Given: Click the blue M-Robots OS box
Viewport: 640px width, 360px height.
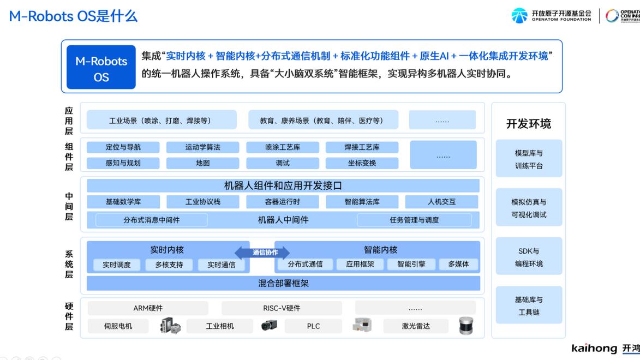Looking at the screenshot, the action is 101,67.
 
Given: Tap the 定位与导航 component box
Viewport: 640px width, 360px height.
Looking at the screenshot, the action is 123,147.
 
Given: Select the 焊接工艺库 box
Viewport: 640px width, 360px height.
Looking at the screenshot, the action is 362,147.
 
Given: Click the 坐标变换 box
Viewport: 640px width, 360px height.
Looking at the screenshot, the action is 362,163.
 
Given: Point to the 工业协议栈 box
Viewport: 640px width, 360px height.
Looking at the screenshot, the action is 202,202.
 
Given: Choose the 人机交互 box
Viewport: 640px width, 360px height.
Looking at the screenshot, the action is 441,202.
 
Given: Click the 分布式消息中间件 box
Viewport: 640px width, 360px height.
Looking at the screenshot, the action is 152,220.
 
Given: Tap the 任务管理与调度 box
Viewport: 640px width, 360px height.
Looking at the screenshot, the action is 414,220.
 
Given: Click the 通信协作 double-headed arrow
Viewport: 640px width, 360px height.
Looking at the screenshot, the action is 262,252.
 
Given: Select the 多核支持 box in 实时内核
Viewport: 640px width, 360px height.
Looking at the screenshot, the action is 169,265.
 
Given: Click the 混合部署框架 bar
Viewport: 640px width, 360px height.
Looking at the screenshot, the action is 283,283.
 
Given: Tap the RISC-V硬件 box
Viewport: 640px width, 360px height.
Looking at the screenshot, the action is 282,308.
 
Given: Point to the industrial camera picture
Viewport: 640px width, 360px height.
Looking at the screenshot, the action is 269,325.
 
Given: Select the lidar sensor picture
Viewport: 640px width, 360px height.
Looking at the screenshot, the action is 466,326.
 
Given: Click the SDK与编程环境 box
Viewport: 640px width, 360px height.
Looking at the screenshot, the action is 529,257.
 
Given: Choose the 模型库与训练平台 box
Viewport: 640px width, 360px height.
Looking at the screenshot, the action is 529,159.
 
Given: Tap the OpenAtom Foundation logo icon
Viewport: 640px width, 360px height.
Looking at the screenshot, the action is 519,15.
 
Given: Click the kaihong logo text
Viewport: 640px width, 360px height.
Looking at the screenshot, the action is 594,348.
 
